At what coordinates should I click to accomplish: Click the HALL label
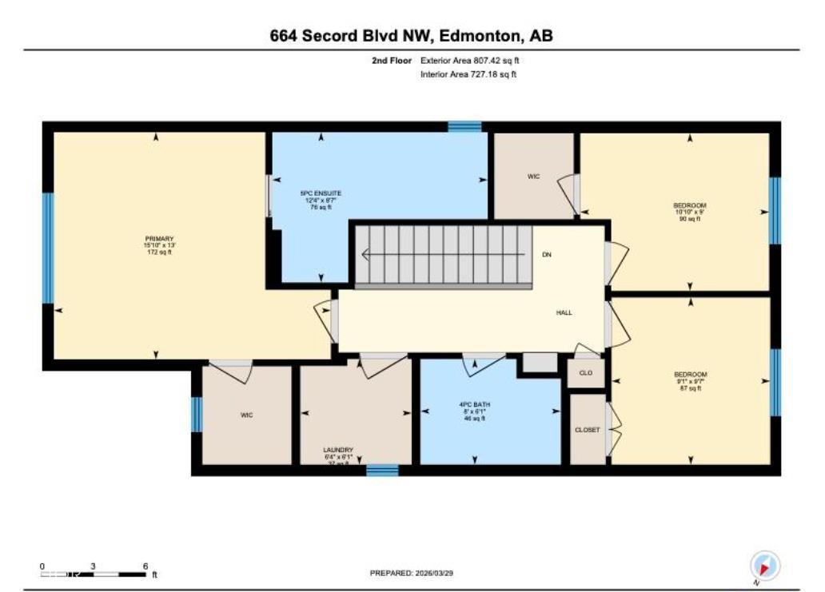coord(564,313)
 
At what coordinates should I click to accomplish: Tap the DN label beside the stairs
coord(547,255)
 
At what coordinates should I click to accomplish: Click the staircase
coord(444,255)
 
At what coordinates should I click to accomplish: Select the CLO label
coord(586,373)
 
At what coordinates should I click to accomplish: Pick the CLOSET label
coord(587,430)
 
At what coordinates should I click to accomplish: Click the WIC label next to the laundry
coord(246,415)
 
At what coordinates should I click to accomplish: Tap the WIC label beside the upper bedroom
coord(533,176)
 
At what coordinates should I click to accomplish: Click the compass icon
coord(764,566)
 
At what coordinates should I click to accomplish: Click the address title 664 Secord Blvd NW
coord(412,36)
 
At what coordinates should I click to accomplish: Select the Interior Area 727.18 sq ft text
coord(468,74)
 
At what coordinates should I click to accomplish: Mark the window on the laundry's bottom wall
coord(382,471)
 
